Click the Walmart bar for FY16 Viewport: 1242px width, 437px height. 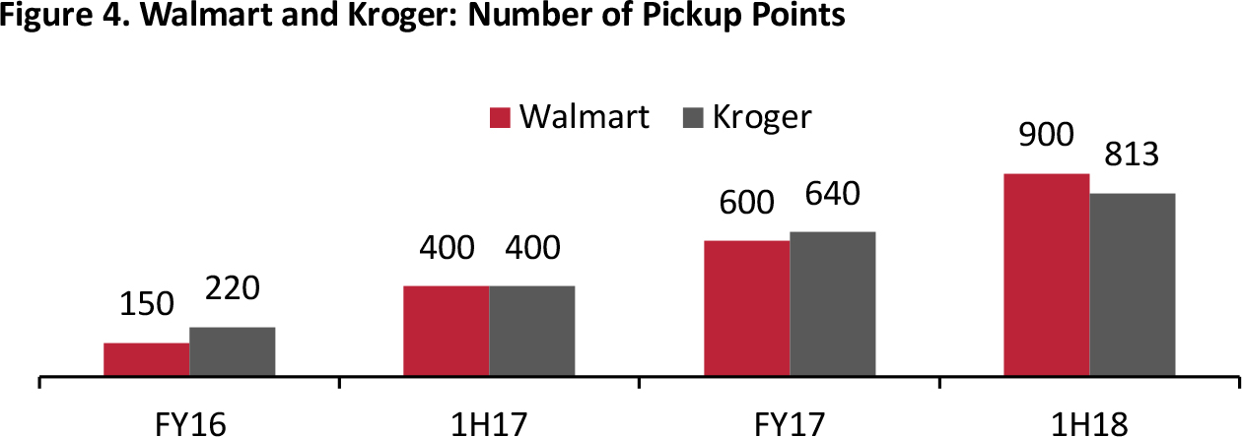(x=146, y=359)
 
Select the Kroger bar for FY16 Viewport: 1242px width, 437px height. (x=232, y=351)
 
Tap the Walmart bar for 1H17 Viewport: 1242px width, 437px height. (x=446, y=331)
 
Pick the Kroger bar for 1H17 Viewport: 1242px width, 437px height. (x=531, y=331)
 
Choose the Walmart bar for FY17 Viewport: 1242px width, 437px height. (x=746, y=308)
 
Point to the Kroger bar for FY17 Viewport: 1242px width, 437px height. (x=832, y=303)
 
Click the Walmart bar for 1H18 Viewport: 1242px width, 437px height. (x=1046, y=275)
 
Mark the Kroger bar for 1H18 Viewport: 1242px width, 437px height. (x=1132, y=284)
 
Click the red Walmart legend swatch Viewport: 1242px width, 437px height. (x=500, y=118)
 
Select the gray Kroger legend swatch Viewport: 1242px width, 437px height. (x=692, y=118)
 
